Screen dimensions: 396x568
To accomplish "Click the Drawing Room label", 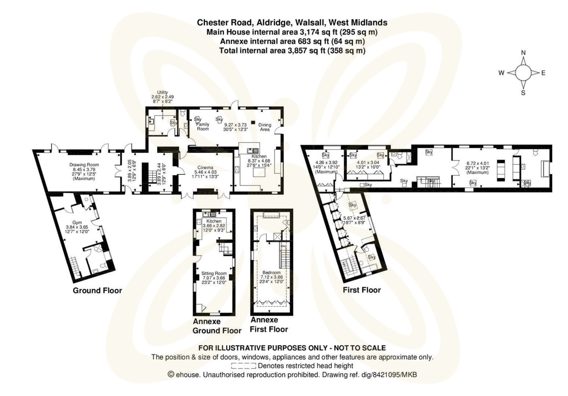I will [x=84, y=165].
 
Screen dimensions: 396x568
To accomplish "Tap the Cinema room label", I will [x=205, y=167].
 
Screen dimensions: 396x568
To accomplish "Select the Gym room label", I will [x=77, y=223].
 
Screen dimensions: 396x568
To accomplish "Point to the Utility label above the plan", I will [x=162, y=92].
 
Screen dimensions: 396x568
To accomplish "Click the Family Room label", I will [x=203, y=127].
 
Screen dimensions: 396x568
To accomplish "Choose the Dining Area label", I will [x=265, y=127].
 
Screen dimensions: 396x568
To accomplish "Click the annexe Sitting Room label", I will [x=214, y=273].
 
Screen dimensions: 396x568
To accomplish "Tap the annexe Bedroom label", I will [x=272, y=272].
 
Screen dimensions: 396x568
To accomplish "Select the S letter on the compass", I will [x=523, y=93].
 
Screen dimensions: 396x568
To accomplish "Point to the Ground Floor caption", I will [x=97, y=291].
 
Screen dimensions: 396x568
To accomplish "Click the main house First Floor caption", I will [x=362, y=290].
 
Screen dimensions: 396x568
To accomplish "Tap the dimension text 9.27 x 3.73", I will [x=235, y=125].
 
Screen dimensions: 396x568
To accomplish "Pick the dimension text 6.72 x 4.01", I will [x=478, y=163].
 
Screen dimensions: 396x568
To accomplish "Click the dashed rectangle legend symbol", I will [x=243, y=366].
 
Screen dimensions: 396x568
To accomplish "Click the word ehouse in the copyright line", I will [x=188, y=375].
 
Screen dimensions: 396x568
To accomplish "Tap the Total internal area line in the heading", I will [x=292, y=51].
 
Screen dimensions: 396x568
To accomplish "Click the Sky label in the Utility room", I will [x=173, y=123].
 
